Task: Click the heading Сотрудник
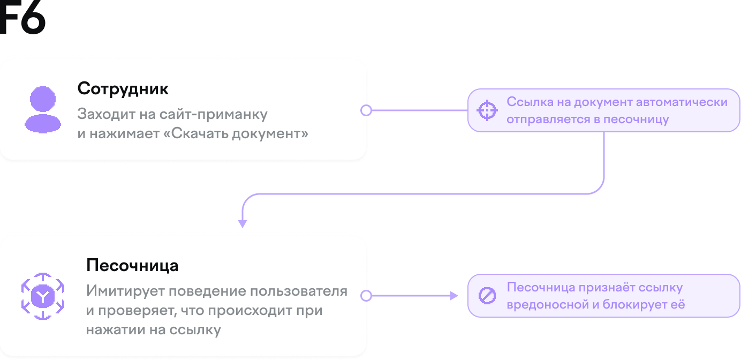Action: coord(123,88)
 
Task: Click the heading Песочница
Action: coord(132,266)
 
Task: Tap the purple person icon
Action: coord(43,110)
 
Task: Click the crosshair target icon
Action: coord(487,110)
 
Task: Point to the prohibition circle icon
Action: coord(487,296)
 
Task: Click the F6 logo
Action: coord(22,18)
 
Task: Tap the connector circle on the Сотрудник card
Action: coord(366,110)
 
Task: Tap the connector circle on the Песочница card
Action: coord(366,296)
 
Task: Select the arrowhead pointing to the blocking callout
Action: coord(455,296)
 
